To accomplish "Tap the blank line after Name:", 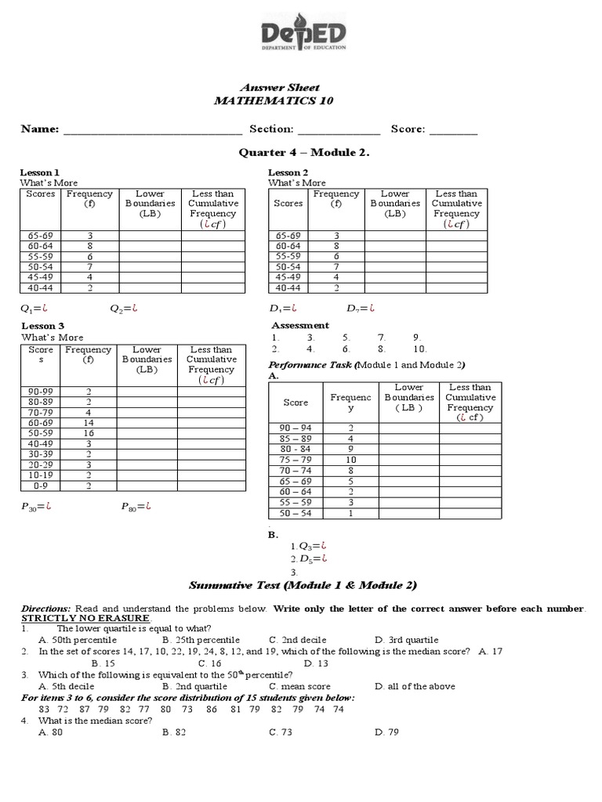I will click(x=152, y=130).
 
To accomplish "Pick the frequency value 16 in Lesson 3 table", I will click(x=89, y=432).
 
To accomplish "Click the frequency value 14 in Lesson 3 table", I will click(x=89, y=422).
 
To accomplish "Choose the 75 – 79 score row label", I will click(x=296, y=460).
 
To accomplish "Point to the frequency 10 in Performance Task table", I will click(x=350, y=460).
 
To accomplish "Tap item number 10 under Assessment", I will click(x=419, y=349).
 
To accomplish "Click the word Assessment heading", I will click(x=300, y=326).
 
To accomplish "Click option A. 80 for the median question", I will click(x=50, y=732).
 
